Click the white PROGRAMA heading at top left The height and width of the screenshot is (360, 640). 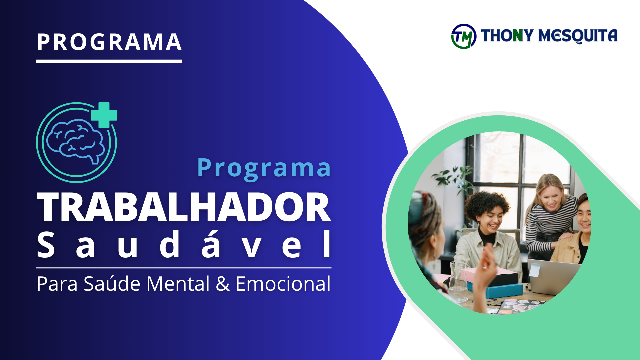[x=109, y=42]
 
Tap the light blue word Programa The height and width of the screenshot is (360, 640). [x=264, y=168]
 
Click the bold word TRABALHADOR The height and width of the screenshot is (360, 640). [x=184, y=207]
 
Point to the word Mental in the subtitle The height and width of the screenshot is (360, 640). [x=178, y=284]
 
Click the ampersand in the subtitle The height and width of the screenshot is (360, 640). [x=223, y=284]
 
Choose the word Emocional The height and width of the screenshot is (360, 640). [x=283, y=284]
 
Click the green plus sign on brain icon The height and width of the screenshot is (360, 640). [x=104, y=115]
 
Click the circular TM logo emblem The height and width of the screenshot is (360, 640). [x=464, y=36]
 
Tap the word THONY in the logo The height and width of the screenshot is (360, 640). [x=507, y=35]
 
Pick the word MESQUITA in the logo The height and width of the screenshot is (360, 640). [x=578, y=36]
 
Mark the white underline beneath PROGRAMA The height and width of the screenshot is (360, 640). [x=109, y=61]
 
